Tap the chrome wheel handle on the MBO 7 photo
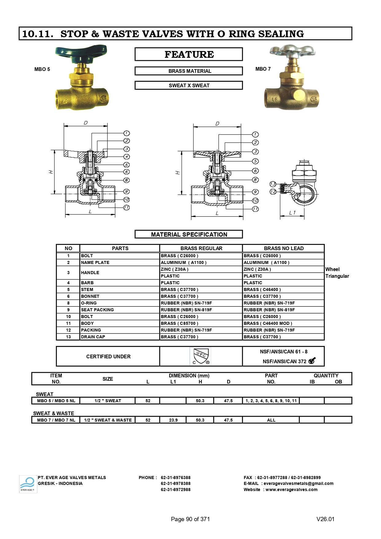coord(292,52)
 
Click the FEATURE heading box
coord(189,54)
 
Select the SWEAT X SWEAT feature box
coord(189,85)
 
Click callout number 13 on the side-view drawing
coord(273,184)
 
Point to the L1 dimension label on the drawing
coord(292,212)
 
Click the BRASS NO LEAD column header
coord(283,248)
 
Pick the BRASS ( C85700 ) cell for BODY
coord(180,323)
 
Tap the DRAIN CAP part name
coord(93,337)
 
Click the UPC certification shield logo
coord(200,356)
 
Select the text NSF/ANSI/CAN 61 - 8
coord(283,352)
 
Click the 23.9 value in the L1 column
coord(173,420)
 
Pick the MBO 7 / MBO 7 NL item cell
coord(56,420)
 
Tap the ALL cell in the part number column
coord(271,420)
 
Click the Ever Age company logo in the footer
coord(28,484)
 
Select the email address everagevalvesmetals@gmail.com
coord(298,483)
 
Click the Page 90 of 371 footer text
coord(190,519)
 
